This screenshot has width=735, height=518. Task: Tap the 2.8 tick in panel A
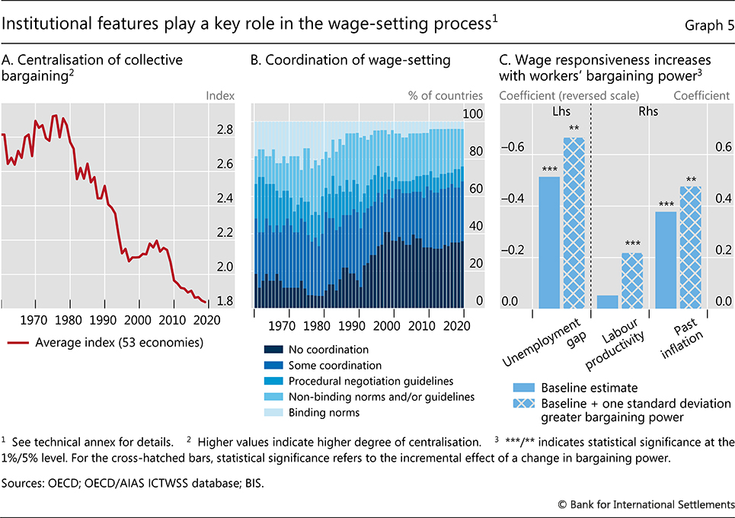(x=224, y=129)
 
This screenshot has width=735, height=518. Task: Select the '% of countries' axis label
(x=446, y=96)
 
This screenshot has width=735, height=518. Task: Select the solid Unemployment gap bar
(x=549, y=242)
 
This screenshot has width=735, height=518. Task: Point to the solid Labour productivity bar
(x=607, y=301)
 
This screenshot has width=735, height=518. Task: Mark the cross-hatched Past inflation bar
(x=691, y=247)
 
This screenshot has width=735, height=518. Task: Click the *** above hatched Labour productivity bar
(x=631, y=244)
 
